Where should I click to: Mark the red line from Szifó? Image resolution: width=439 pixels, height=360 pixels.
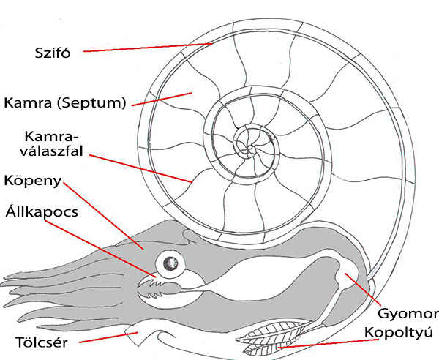tap(146, 48)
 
